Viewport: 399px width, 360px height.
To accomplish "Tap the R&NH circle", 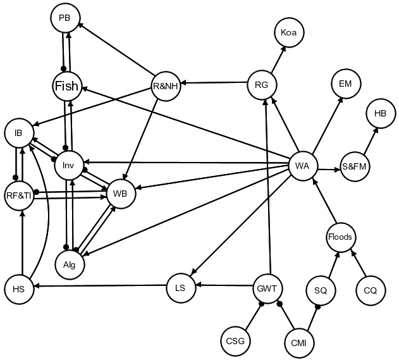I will (166, 87).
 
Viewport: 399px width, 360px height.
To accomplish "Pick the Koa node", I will (290, 32).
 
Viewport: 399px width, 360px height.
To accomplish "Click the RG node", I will (262, 84).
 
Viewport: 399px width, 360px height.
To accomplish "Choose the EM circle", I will (345, 84).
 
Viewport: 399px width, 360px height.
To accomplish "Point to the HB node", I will (380, 113).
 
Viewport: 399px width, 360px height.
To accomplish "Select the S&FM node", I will (355, 166).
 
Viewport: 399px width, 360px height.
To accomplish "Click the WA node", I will (302, 166).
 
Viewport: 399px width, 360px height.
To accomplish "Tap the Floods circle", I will (340, 237).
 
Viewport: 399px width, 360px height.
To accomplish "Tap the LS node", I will (180, 288).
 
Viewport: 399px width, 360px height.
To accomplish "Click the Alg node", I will (70, 264).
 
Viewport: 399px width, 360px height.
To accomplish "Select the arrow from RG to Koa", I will (276, 59).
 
